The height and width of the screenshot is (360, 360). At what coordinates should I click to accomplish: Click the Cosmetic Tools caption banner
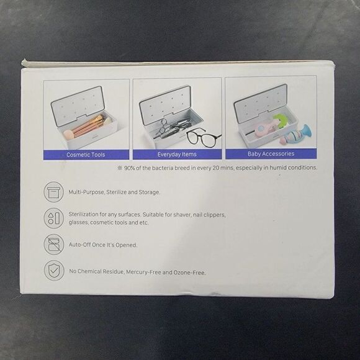(86, 155)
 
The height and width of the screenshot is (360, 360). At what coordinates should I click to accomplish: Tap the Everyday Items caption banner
(177, 154)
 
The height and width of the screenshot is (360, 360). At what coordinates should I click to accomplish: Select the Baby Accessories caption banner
(271, 153)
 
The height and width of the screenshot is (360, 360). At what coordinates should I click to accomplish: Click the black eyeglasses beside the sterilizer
(204, 138)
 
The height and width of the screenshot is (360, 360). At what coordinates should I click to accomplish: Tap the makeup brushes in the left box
(88, 125)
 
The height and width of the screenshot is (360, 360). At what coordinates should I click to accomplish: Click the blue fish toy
(296, 135)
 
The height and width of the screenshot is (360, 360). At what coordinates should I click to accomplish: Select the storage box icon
(54, 192)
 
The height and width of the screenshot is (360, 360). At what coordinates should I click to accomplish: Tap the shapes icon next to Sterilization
(54, 218)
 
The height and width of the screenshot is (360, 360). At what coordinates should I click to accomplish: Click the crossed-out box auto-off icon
(54, 245)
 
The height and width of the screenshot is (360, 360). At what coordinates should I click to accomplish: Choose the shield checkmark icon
(54, 271)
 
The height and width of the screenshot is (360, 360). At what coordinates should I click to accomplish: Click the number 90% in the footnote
(129, 168)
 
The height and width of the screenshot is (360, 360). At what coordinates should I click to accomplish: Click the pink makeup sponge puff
(68, 135)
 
